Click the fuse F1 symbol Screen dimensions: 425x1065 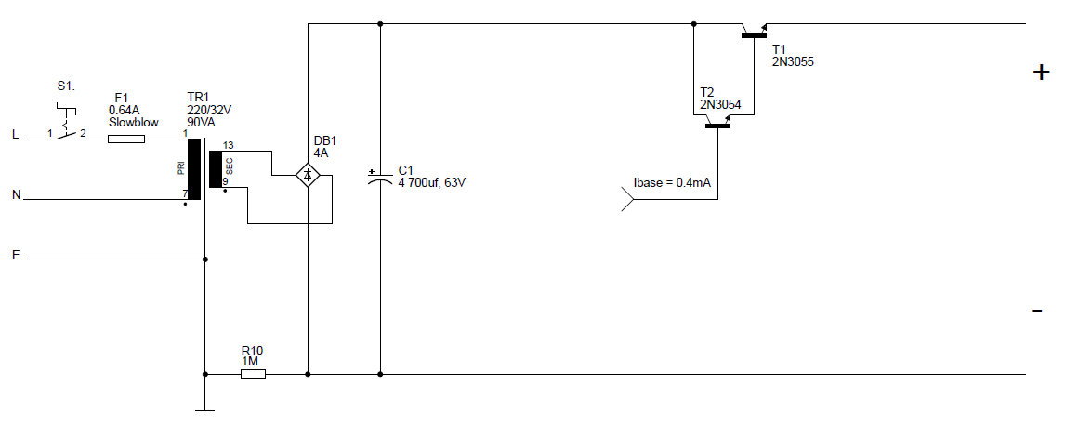[x=126, y=139]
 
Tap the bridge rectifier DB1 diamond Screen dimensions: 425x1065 [x=308, y=174]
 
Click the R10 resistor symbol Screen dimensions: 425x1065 [x=253, y=374]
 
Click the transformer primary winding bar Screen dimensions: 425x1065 [x=193, y=169]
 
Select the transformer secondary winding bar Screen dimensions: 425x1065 [x=216, y=170]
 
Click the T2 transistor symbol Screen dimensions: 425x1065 [x=717, y=122]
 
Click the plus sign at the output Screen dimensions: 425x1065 [x=1041, y=73]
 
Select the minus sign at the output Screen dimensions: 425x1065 [x=1037, y=311]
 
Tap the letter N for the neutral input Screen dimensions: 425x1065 [x=16, y=195]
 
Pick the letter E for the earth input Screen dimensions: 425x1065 [x=15, y=255]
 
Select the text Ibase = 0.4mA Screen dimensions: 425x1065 [x=672, y=182]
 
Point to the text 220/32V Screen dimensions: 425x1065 [x=209, y=109]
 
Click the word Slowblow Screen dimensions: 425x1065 [x=134, y=122]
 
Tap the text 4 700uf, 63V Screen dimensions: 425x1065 [x=431, y=183]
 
